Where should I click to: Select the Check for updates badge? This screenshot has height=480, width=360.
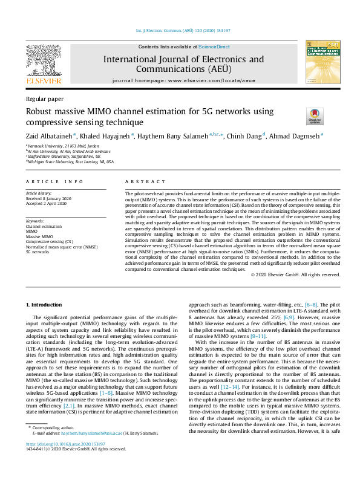[x=298, y=115]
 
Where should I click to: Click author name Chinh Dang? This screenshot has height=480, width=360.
[x=243, y=136]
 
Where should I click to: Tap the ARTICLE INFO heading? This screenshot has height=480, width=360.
[x=54, y=181]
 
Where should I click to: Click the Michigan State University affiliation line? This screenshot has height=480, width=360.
[x=70, y=162]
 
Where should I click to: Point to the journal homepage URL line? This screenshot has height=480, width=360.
[x=183, y=80]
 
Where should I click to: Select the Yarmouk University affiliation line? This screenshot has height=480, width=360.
[x=57, y=146]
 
